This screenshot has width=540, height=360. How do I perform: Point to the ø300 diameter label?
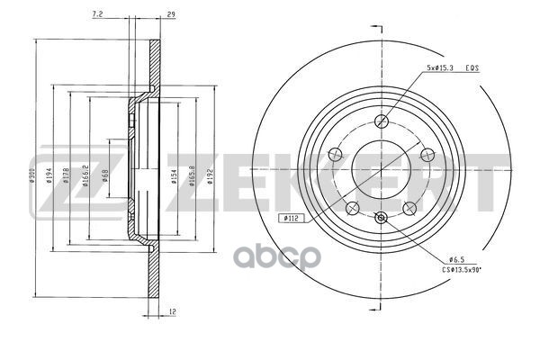coord(31,177)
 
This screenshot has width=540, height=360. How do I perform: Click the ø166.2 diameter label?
coord(85,177)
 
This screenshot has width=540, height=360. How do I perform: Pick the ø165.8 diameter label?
coord(191,177)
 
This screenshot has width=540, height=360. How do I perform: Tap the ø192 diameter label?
coord(209,177)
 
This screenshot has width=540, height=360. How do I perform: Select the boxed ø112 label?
coord(291,217)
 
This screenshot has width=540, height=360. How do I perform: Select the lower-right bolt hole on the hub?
coord(411,207)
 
